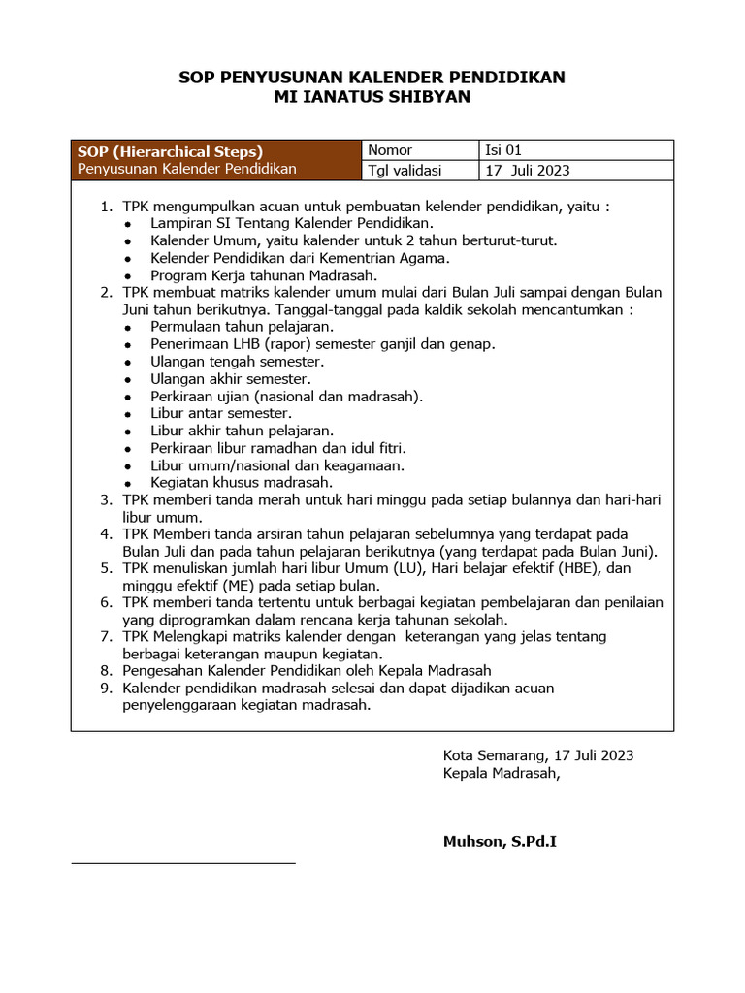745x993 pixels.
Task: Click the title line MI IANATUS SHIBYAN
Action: [x=372, y=98]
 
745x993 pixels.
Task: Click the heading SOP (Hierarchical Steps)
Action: [x=170, y=151]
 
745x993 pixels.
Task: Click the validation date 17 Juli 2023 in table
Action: [x=528, y=171]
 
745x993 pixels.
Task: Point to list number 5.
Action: [x=107, y=568]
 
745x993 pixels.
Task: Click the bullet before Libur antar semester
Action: [x=129, y=414]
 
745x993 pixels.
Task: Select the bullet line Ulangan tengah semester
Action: [x=237, y=362]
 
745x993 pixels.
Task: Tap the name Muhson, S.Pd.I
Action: [x=500, y=842]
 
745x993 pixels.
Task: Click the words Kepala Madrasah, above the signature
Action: [x=501, y=774]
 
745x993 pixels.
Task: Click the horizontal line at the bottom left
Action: [x=183, y=861]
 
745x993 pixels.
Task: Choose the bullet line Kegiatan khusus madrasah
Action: [x=242, y=482]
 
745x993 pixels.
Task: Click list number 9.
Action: [x=107, y=689]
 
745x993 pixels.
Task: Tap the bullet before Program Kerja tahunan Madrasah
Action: [x=129, y=276]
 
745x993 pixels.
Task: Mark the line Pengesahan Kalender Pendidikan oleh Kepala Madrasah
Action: [x=307, y=671]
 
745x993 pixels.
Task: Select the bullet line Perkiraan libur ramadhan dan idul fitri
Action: [x=277, y=448]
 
